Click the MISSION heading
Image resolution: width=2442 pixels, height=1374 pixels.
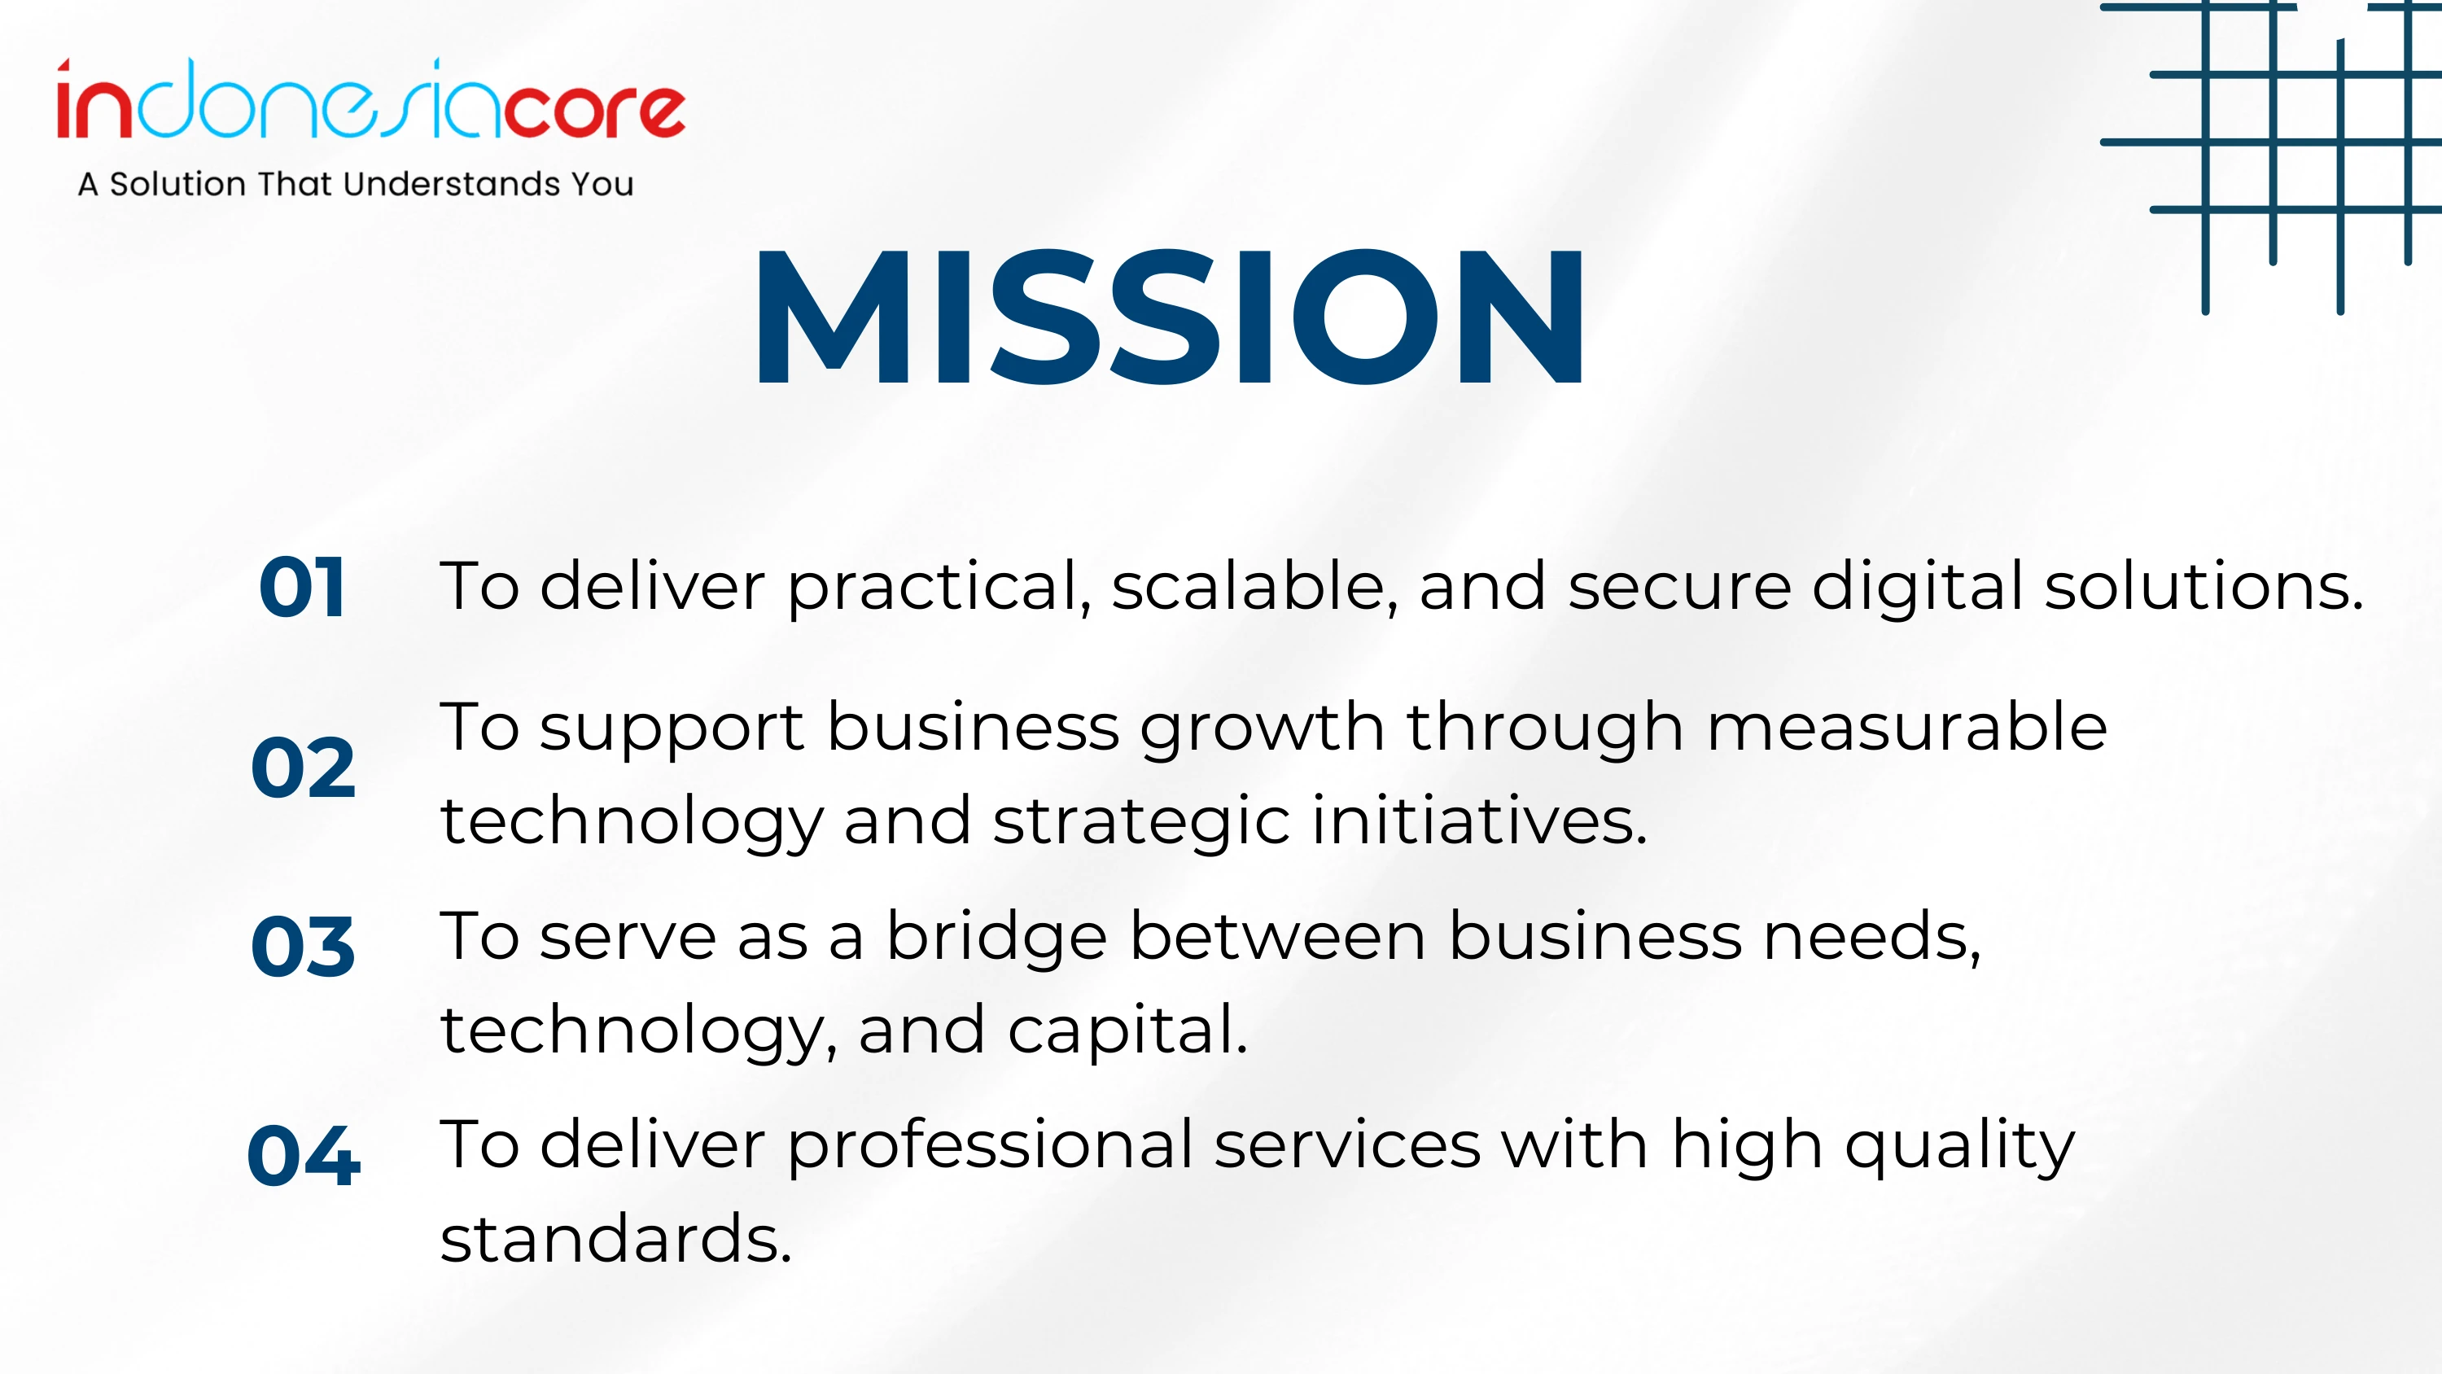[1169, 317]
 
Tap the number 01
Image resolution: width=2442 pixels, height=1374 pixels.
[303, 588]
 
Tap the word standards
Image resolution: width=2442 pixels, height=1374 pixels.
[616, 1237]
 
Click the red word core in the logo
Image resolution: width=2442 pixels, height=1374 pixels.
[593, 111]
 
